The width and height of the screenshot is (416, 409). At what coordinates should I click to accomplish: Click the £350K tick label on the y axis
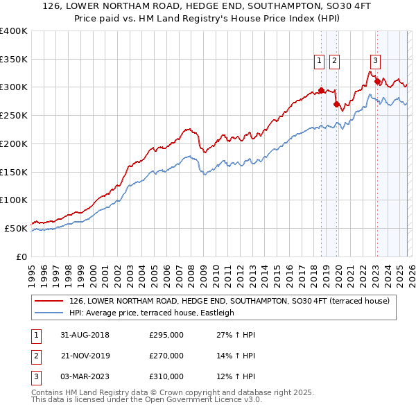[x=14, y=59]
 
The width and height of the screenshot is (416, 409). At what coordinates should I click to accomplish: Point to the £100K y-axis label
[x=14, y=200]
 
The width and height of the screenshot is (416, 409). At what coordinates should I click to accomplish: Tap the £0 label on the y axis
[x=21, y=256]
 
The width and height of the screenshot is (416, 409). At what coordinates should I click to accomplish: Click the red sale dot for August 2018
[x=321, y=90]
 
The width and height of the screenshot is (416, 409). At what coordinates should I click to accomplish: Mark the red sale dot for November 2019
[x=336, y=105]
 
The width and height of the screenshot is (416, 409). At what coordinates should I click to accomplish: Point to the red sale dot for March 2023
[x=376, y=82]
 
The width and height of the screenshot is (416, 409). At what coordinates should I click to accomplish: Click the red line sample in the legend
[x=49, y=301]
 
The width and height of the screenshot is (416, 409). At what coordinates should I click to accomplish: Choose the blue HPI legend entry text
[x=152, y=313]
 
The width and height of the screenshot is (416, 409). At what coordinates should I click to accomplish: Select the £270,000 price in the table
[x=166, y=356]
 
